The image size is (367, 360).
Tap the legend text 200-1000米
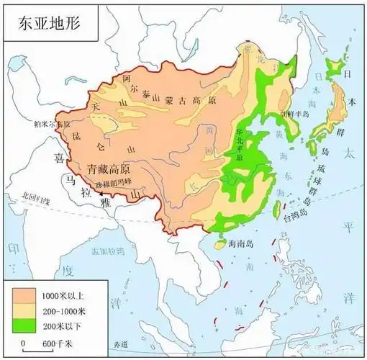click(63, 310)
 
